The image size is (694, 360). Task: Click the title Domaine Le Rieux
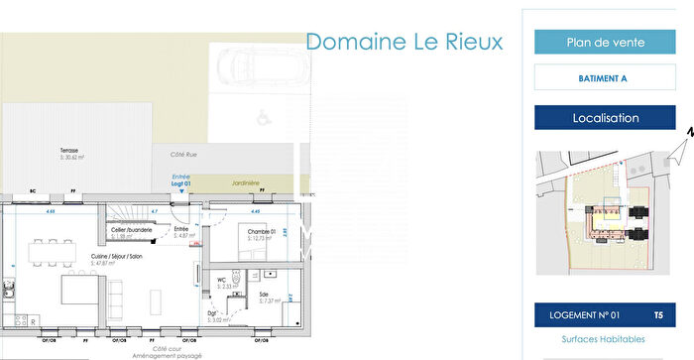pyautogui.click(x=404, y=42)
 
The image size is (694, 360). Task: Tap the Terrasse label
pyautogui.click(x=70, y=151)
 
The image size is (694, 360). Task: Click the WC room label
pyautogui.click(x=222, y=281)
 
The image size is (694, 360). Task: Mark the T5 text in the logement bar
pyautogui.click(x=658, y=315)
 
